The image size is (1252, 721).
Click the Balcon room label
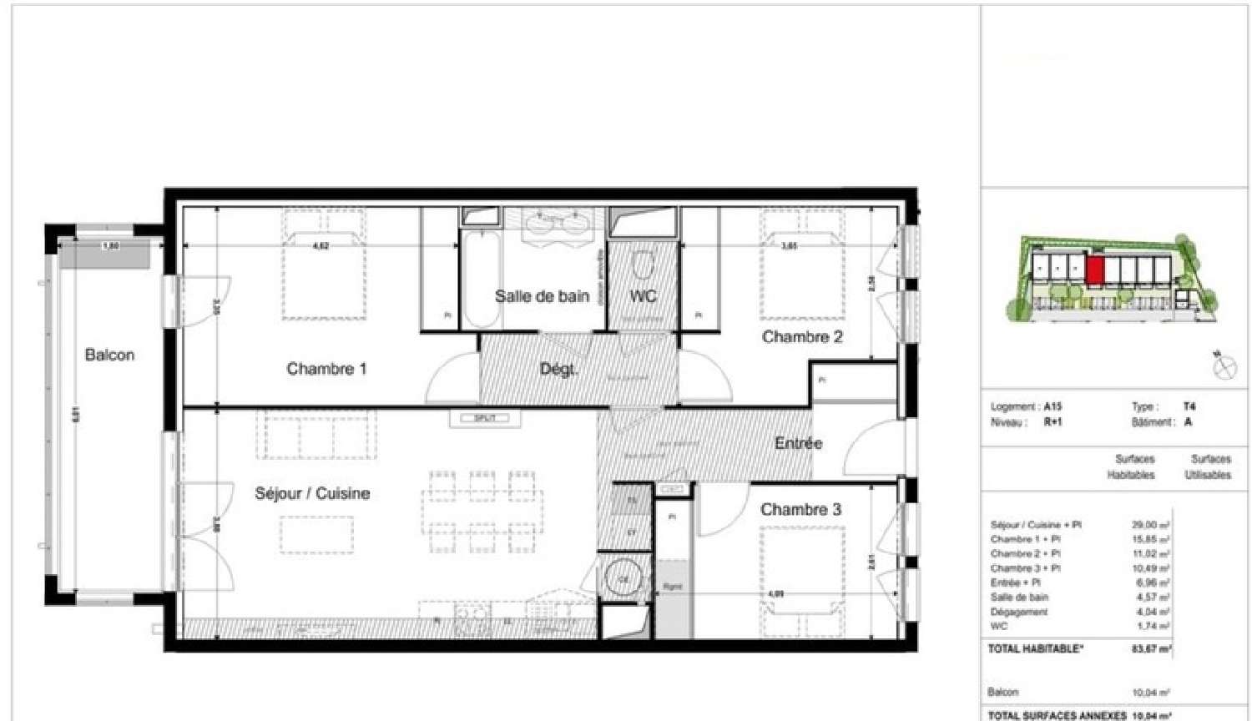pos(109,355)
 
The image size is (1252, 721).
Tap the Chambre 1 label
pos(326,369)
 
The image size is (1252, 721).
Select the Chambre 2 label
pos(802,337)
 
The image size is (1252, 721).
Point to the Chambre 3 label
pos(800,510)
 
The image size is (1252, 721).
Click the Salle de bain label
pos(542,296)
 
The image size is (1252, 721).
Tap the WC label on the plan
pos(643,296)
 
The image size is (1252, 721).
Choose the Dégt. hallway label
pos(558,370)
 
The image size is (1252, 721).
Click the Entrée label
pos(798,443)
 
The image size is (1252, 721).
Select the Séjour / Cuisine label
pos(312,493)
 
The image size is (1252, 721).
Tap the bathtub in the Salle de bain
pos(480,280)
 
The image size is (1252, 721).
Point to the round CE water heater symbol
pos(623,578)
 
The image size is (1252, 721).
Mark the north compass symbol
pos(1224,366)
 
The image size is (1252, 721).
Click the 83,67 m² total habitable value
pos(1151,649)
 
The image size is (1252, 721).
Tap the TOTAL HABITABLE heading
pos(1035,648)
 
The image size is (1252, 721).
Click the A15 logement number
pos(1053,407)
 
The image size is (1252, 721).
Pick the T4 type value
pos(1189,407)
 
